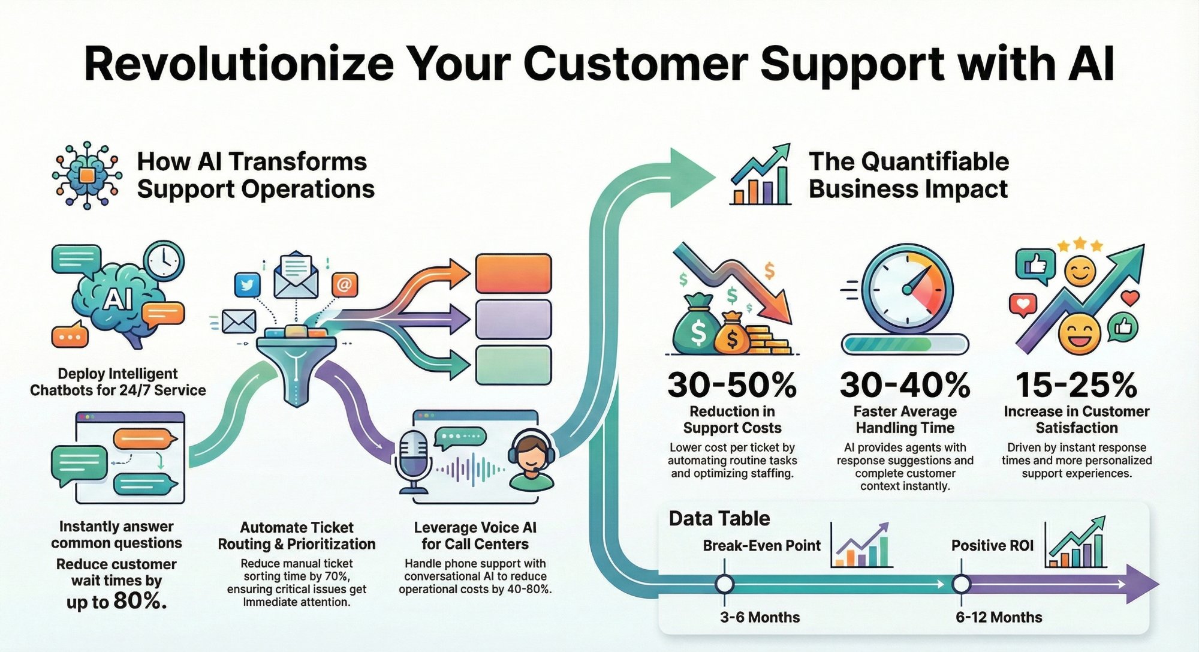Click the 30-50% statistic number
click(732, 385)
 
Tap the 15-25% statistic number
click(1076, 385)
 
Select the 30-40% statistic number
click(905, 385)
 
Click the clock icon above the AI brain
click(164, 260)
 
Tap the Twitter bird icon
click(247, 284)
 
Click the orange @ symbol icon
click(344, 284)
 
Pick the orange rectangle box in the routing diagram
click(513, 274)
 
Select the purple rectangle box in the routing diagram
click(513, 319)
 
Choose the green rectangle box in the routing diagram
click(513, 365)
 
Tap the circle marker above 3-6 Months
click(725, 584)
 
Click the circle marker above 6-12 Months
click(961, 584)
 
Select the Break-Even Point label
click(761, 545)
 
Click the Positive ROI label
click(992, 545)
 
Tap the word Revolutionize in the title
click(239, 64)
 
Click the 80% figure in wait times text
click(140, 600)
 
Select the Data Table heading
click(719, 518)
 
